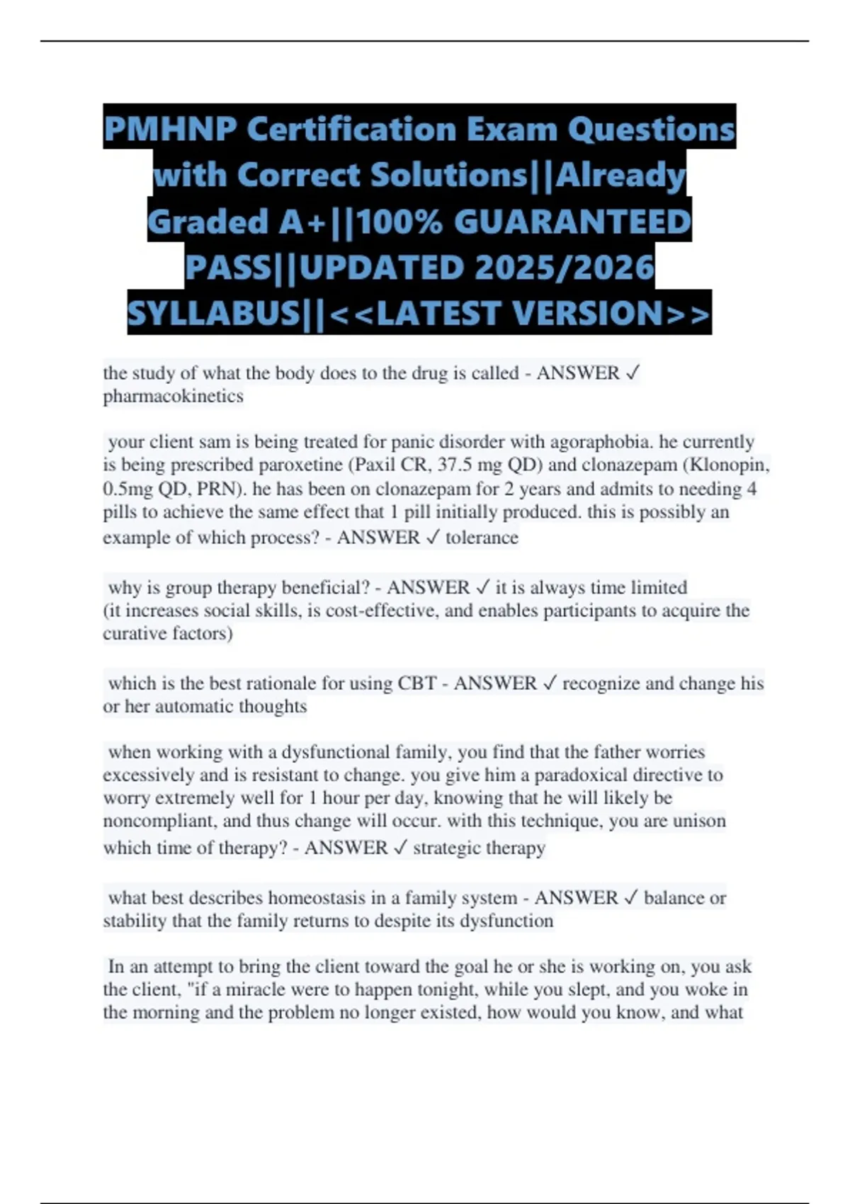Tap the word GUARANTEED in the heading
tap(572, 222)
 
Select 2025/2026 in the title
tap(565, 268)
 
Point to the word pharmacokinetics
tap(174, 396)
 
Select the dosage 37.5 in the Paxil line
tap(456, 465)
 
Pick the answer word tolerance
tap(482, 538)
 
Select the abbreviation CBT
tap(416, 683)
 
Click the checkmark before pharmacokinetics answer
tap(633, 373)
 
